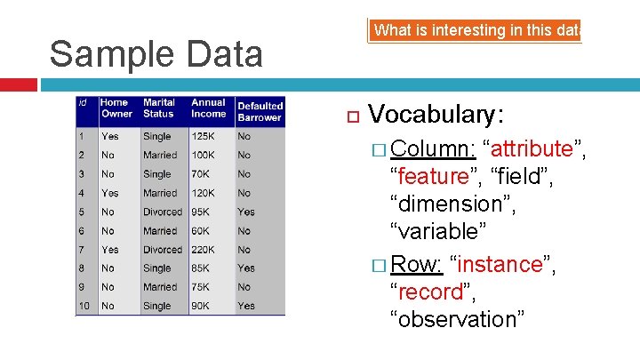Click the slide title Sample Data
click(x=156, y=54)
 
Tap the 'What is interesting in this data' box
click(x=476, y=30)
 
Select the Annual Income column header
click(x=209, y=108)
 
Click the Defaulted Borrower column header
click(x=260, y=112)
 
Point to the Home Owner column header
click(x=116, y=108)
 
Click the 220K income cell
click(x=204, y=250)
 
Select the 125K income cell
click(x=204, y=137)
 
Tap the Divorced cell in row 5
click(x=163, y=212)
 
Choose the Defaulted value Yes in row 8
click(x=246, y=268)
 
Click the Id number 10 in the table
click(x=84, y=306)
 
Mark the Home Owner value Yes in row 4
click(x=109, y=193)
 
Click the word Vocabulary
click(x=436, y=115)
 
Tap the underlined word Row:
click(x=417, y=264)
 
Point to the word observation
click(x=455, y=319)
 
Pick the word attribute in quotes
click(x=532, y=148)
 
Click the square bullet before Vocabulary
click(x=350, y=116)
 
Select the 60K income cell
click(x=201, y=231)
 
